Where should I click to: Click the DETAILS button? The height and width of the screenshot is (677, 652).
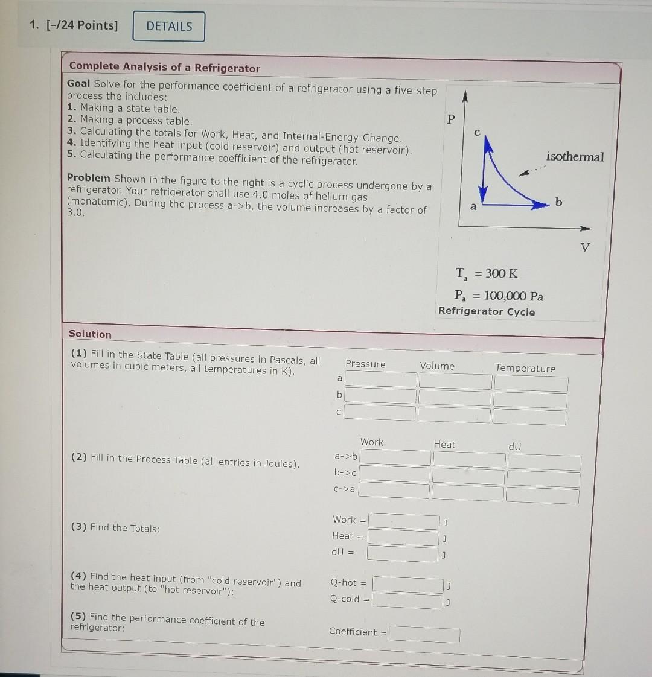[x=169, y=27]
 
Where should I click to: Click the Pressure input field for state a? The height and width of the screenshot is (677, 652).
[x=381, y=380]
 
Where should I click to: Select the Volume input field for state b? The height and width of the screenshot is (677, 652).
[x=455, y=398]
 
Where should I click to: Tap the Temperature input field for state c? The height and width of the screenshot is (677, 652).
[x=529, y=417]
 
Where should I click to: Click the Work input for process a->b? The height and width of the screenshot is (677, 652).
[x=395, y=458]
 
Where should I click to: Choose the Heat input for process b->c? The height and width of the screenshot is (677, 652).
[x=468, y=477]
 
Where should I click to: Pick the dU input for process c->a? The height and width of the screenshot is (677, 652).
[x=542, y=496]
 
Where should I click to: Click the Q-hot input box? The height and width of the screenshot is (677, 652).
[x=407, y=585]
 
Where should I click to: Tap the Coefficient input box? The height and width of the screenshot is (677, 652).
[x=424, y=635]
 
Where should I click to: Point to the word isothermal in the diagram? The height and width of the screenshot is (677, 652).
[x=574, y=157]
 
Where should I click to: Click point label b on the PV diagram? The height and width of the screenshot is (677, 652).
[x=558, y=202]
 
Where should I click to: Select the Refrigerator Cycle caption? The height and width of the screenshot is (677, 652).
[x=487, y=311]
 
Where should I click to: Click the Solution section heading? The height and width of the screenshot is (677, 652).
[x=90, y=334]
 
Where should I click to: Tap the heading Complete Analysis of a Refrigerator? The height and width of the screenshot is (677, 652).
[x=164, y=68]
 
